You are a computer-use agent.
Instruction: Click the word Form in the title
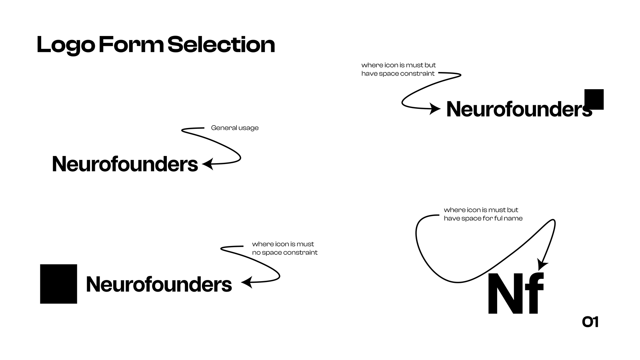131,45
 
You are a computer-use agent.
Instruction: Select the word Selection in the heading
221,45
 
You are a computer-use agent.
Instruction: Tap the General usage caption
235,128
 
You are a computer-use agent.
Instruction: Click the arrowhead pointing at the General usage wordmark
208,164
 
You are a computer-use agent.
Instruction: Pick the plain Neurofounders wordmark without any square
125,164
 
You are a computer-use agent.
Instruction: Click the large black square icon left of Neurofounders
58,284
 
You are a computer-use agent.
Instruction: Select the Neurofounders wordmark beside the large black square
159,284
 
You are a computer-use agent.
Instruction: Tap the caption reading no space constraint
285,252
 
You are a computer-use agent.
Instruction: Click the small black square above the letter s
594,99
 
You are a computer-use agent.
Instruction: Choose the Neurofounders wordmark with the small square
519,109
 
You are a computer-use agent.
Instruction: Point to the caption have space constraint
398,74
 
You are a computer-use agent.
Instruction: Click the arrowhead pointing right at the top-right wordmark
435,108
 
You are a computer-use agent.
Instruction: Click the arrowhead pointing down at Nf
542,265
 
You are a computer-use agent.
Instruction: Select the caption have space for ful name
483,218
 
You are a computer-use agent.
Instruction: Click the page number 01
590,322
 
